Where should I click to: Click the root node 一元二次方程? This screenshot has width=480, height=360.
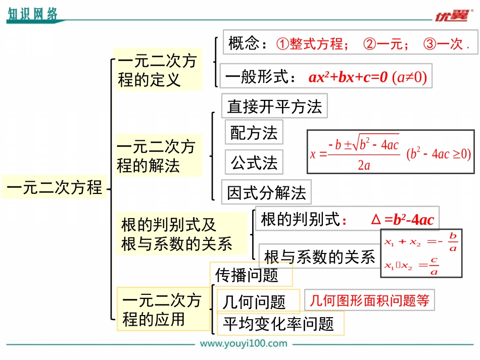[x=55, y=187]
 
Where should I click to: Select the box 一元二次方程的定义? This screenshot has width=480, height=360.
[x=157, y=70]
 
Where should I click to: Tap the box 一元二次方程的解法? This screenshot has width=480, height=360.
[x=158, y=156]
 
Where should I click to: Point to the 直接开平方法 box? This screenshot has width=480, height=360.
[x=274, y=106]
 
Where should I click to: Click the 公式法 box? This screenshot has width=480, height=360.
[x=254, y=163]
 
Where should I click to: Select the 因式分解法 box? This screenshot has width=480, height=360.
[x=266, y=192]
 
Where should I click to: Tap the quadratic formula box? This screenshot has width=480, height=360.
[x=391, y=152]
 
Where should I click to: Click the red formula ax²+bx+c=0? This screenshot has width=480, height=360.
[x=348, y=77]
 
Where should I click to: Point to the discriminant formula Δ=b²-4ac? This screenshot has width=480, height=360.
[x=402, y=220]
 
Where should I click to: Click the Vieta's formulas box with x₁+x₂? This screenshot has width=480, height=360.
[x=421, y=254]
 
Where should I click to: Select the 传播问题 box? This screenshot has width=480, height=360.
[x=251, y=275]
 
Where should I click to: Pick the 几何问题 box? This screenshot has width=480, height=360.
[x=255, y=301]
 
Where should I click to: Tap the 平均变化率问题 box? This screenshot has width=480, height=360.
[x=279, y=324]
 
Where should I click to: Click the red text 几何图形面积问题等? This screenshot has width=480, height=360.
[x=369, y=300]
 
